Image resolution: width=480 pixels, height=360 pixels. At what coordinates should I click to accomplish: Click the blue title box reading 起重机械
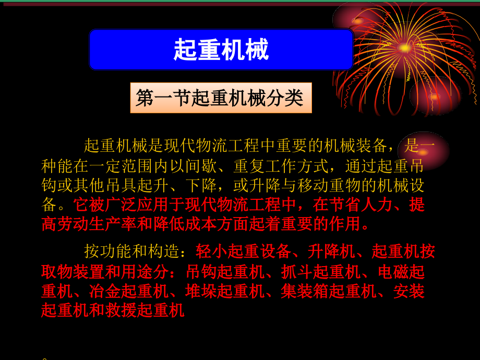click(x=221, y=50)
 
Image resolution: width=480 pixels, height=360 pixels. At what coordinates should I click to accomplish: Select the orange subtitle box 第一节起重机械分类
click(x=221, y=98)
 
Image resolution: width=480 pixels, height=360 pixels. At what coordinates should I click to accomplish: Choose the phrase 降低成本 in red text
click(x=185, y=224)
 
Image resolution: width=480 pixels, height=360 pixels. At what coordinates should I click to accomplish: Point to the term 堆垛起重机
click(x=225, y=291)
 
